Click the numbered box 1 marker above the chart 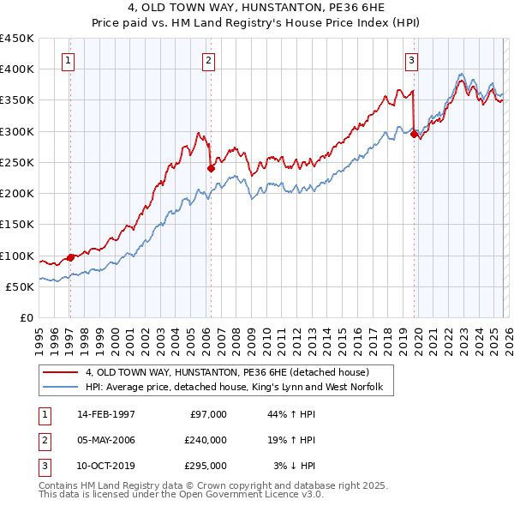68,60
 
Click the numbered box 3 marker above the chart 412,60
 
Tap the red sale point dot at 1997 70,256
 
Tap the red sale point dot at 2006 211,168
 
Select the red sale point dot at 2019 415,134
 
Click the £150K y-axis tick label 17,225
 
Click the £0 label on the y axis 27,318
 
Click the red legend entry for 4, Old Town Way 227,372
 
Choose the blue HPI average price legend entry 239,388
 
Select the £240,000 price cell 206,440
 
